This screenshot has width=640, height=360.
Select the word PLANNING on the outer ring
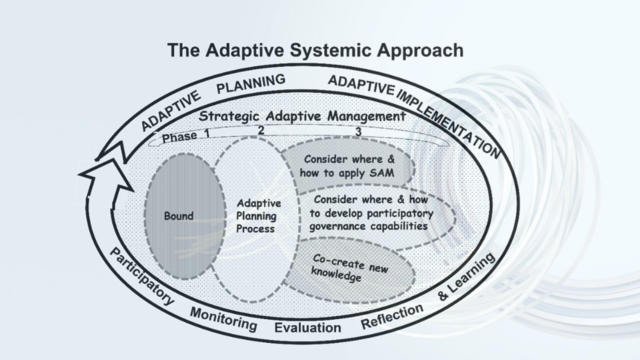(x=251, y=84)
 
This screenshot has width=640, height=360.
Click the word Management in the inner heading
(x=367, y=116)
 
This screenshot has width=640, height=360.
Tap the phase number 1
(x=207, y=133)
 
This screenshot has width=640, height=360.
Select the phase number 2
(x=261, y=130)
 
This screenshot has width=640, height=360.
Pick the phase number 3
(x=358, y=132)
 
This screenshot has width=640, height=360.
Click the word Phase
(x=179, y=137)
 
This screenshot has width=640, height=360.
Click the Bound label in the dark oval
(x=179, y=216)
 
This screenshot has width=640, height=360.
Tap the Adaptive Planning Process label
(x=258, y=216)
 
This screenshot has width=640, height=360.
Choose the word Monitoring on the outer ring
(x=224, y=319)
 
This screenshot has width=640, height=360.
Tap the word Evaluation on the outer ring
(x=308, y=328)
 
